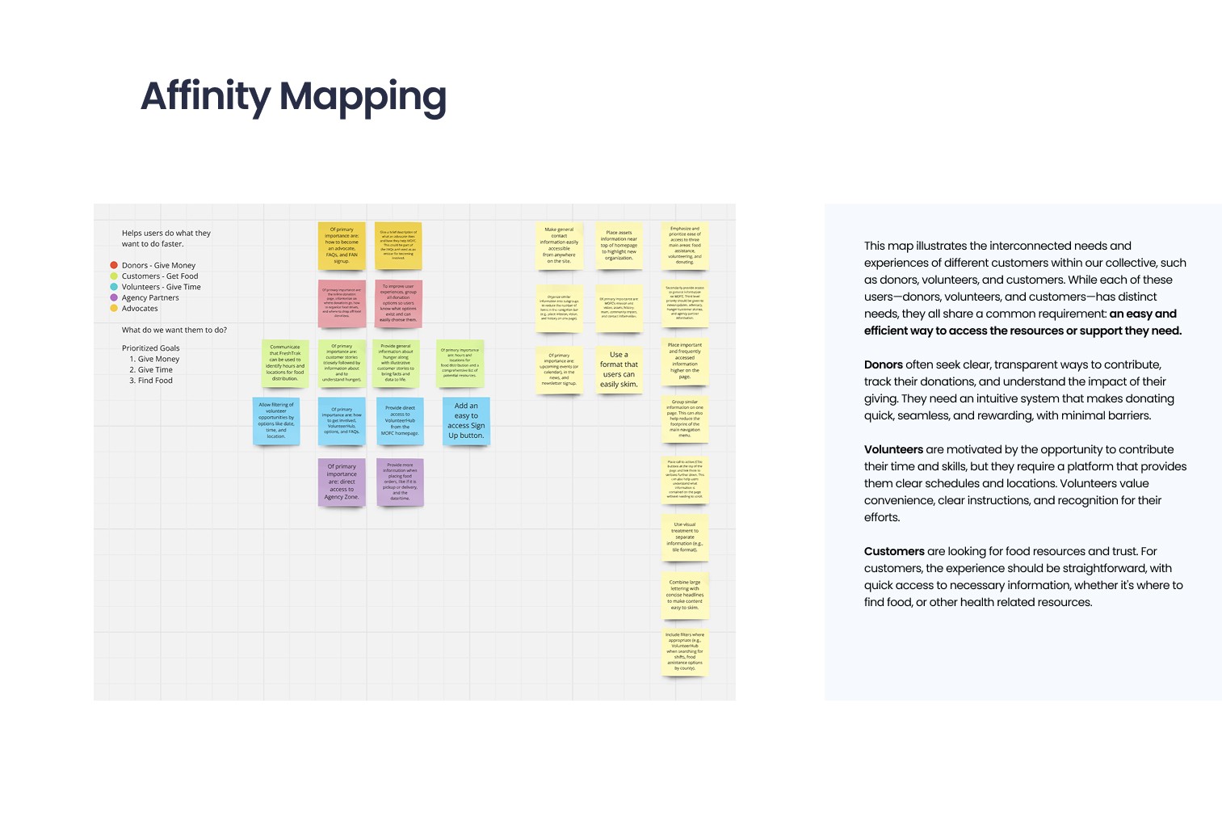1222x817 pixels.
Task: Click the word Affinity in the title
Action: pyautogui.click(x=205, y=96)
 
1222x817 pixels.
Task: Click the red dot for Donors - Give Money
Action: pyautogui.click(x=114, y=265)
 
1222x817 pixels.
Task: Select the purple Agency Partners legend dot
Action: pyautogui.click(x=114, y=297)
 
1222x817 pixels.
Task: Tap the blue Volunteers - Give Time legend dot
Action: pyautogui.click(x=114, y=287)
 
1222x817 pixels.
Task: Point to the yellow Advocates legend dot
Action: pyautogui.click(x=114, y=308)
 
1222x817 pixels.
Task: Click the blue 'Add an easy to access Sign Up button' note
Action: pyautogui.click(x=466, y=420)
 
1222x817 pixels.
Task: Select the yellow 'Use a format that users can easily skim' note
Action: pyautogui.click(x=619, y=369)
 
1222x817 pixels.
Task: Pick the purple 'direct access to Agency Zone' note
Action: pyautogui.click(x=342, y=482)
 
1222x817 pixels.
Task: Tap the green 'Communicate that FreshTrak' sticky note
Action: pyautogui.click(x=285, y=363)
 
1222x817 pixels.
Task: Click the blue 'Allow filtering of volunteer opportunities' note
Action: pyautogui.click(x=276, y=420)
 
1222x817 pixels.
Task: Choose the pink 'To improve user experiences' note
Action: pyautogui.click(x=398, y=303)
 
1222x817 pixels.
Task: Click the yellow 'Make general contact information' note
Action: pyautogui.click(x=559, y=246)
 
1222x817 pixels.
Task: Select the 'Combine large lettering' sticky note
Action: pyautogui.click(x=685, y=595)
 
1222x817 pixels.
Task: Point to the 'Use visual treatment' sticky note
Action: pyautogui.click(x=685, y=537)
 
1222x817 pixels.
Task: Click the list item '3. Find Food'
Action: pyautogui.click(x=151, y=381)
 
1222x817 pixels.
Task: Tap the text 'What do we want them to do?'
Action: pyautogui.click(x=174, y=330)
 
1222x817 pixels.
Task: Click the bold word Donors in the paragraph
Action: pyautogui.click(x=884, y=364)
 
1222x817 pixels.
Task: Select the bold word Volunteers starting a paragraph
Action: pyautogui.click(x=893, y=449)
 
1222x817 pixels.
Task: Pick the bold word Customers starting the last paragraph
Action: pyautogui.click(x=894, y=551)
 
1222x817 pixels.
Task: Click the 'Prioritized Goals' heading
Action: pyautogui.click(x=151, y=348)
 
